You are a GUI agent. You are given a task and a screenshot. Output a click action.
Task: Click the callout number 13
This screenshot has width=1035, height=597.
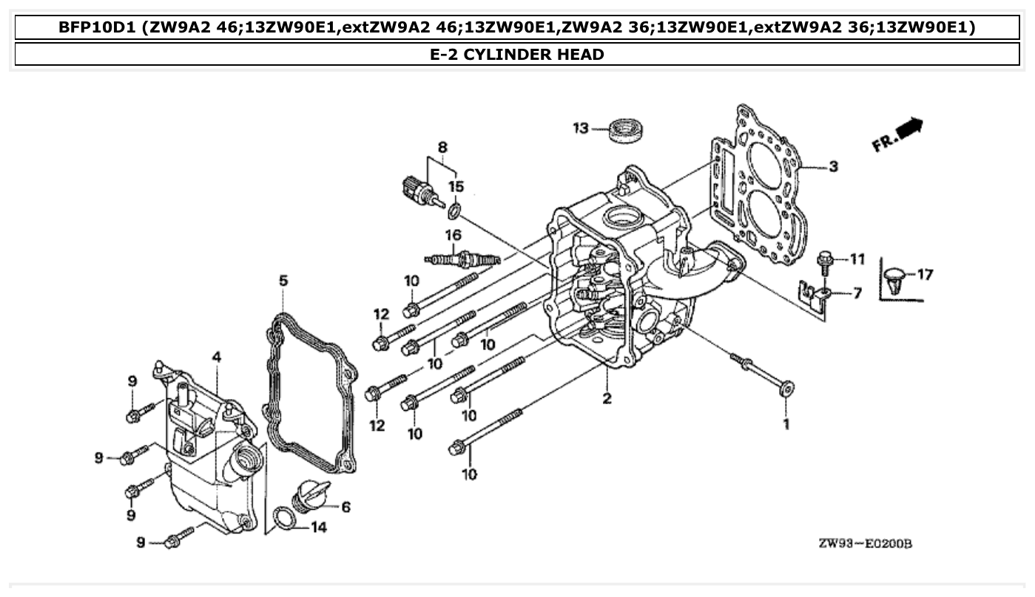(x=581, y=129)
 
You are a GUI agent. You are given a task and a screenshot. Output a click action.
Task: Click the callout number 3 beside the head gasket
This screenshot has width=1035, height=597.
(x=833, y=167)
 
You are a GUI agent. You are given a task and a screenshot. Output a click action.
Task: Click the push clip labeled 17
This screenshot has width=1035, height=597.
(x=895, y=279)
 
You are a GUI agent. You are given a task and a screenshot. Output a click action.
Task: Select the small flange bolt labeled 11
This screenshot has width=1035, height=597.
(x=823, y=260)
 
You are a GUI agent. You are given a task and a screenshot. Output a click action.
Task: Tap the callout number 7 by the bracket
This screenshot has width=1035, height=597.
(x=857, y=294)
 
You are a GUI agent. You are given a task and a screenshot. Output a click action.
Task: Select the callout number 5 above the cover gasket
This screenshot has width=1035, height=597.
(x=283, y=281)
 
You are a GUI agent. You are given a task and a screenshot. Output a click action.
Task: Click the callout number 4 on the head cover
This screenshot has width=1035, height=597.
(x=216, y=358)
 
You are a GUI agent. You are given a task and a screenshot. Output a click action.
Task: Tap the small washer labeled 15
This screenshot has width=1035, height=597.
(x=454, y=213)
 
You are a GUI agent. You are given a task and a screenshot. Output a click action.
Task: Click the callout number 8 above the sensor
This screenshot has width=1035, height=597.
(x=442, y=148)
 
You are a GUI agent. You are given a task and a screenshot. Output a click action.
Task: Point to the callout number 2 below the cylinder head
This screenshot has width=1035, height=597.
(x=607, y=399)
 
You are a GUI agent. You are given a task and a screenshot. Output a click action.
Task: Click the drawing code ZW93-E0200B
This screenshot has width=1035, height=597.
(x=865, y=545)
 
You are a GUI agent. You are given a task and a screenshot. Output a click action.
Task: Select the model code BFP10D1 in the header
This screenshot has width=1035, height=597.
(x=98, y=28)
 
